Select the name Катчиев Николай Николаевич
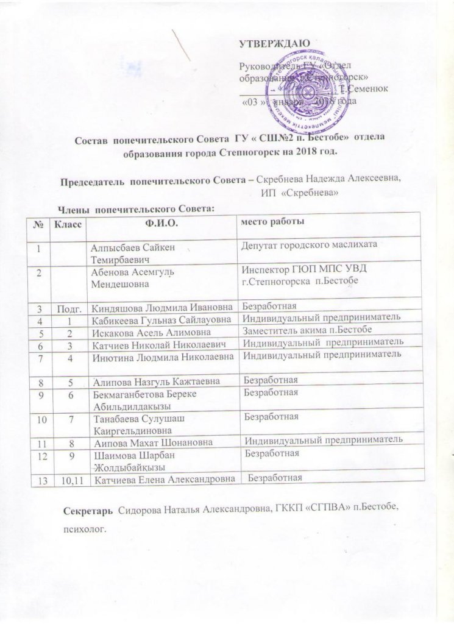coord(160,343)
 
